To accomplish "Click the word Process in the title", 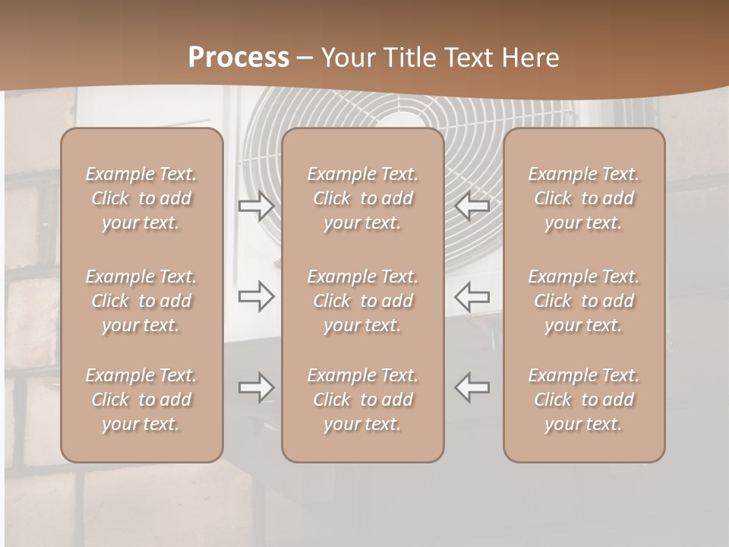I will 238,58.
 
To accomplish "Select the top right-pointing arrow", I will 256,205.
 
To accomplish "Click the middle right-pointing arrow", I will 256,296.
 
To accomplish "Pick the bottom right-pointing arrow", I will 256,387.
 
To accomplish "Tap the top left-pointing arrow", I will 472,205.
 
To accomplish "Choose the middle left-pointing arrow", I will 472,296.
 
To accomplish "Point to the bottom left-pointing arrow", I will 472,387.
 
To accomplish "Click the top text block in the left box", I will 141,198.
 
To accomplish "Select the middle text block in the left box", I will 141,301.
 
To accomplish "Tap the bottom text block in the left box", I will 141,400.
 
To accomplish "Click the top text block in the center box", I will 362,198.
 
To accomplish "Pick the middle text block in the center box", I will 362,301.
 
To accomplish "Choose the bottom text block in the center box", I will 362,400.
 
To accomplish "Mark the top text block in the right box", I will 583,198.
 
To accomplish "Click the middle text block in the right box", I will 583,301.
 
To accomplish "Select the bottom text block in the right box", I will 583,400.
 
